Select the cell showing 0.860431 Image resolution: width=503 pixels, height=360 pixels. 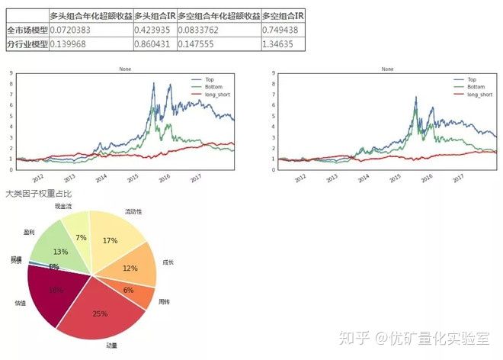pyautogui.click(x=155, y=44)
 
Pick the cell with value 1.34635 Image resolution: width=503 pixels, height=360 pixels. pyautogui.click(x=282, y=44)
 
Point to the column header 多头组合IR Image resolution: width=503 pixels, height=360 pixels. pyautogui.click(x=155, y=15)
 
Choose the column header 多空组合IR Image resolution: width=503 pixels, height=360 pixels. pyautogui.click(x=282, y=15)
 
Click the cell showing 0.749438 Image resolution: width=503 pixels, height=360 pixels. pyautogui.click(x=282, y=30)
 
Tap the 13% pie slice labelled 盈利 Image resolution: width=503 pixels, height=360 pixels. pyautogui.click(x=61, y=250)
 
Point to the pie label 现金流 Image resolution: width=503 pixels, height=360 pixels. pyautogui.click(x=64, y=206)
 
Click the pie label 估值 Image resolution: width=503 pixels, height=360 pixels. pyautogui.click(x=19, y=303)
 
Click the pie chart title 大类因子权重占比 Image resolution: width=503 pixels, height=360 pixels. pyautogui.click(x=34, y=194)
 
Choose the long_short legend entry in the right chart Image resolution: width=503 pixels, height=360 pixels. pyautogui.click(x=475, y=94)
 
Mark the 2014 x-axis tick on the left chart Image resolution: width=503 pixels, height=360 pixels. pyautogui.click(x=101, y=178)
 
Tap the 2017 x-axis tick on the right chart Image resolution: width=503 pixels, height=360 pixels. pyautogui.click(x=457, y=178)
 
